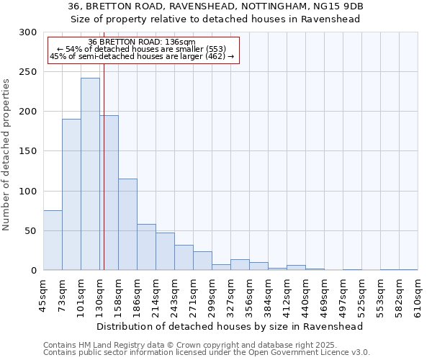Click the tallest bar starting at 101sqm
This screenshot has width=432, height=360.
click(x=90, y=174)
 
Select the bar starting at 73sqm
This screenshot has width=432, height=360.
click(x=71, y=194)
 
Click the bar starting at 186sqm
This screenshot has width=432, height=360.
click(x=146, y=247)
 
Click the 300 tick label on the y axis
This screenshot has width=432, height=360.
click(x=28, y=32)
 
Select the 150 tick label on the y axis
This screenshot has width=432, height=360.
click(x=28, y=151)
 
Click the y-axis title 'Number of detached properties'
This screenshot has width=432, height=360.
click(x=6, y=156)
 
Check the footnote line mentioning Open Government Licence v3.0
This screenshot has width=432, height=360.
click(x=207, y=353)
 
